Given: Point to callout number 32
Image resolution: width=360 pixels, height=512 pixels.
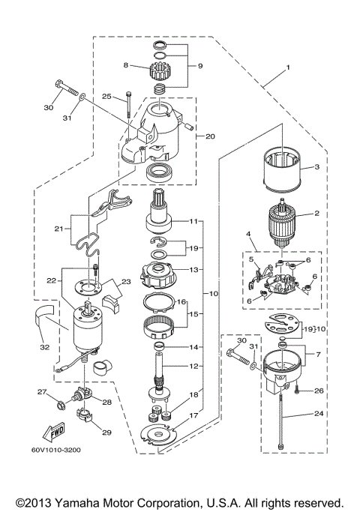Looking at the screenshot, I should (45, 347).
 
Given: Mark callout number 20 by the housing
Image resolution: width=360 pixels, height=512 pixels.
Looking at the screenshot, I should (210, 136).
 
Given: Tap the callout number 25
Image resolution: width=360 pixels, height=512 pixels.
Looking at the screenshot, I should (106, 97).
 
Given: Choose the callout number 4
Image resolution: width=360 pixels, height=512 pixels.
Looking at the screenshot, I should (247, 235).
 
